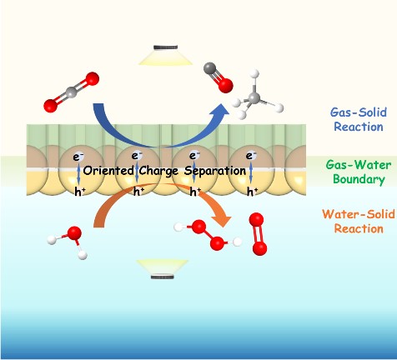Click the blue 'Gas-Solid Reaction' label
pyautogui.click(x=359, y=119)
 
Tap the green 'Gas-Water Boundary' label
pyautogui.click(x=359, y=172)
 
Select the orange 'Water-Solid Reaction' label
pyautogui.click(x=359, y=222)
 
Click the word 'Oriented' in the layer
pyautogui.click(x=108, y=170)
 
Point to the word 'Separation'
pyautogui.click(x=215, y=171)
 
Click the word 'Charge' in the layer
pyautogui.click(x=158, y=171)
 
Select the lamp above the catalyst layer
pyautogui.click(x=166, y=55)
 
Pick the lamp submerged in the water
pyautogui.click(x=163, y=269)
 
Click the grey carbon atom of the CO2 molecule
pyautogui.click(x=72, y=92)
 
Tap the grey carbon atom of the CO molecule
pyautogui.click(x=210, y=68)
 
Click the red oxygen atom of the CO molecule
pyautogui.click(x=225, y=85)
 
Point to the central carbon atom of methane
pyautogui.click(x=254, y=97)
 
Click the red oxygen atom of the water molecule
pyautogui.click(x=74, y=233)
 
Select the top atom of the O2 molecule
pyautogui.click(x=256, y=220)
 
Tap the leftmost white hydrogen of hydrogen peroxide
pyautogui.click(x=178, y=227)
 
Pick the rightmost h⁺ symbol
pyautogui.click(x=252, y=191)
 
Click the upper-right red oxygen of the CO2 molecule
pyautogui.click(x=93, y=79)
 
